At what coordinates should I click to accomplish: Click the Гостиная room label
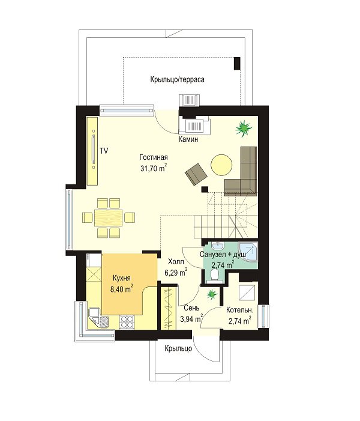pyautogui.click(x=154, y=157)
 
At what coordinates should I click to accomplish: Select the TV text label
pyautogui.click(x=104, y=151)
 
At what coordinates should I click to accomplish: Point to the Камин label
pyautogui.click(x=188, y=139)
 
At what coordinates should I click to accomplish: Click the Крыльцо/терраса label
pyautogui.click(x=178, y=79)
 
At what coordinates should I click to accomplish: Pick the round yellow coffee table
pyautogui.click(x=221, y=165)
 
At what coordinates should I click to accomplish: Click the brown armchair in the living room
pyautogui.click(x=196, y=174)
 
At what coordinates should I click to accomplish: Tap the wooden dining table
pyautogui.click(x=109, y=217)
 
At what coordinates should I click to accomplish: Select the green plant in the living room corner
pyautogui.click(x=244, y=129)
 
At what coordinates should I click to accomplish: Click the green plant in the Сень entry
pyautogui.click(x=212, y=294)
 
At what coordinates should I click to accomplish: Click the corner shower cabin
pyautogui.click(x=248, y=252)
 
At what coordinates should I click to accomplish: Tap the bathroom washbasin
pyautogui.click(x=218, y=246)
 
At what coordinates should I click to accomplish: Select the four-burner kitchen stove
pyautogui.click(x=127, y=322)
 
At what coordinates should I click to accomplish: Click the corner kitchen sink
pyautogui.click(x=98, y=318)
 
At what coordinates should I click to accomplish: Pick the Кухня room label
pyautogui.click(x=122, y=278)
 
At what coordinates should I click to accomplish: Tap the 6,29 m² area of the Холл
pyautogui.click(x=176, y=273)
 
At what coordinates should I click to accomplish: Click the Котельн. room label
pyautogui.click(x=239, y=310)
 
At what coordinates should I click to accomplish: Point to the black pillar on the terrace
pyautogui.click(x=237, y=64)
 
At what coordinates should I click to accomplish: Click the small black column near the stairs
pyautogui.click(x=205, y=189)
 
